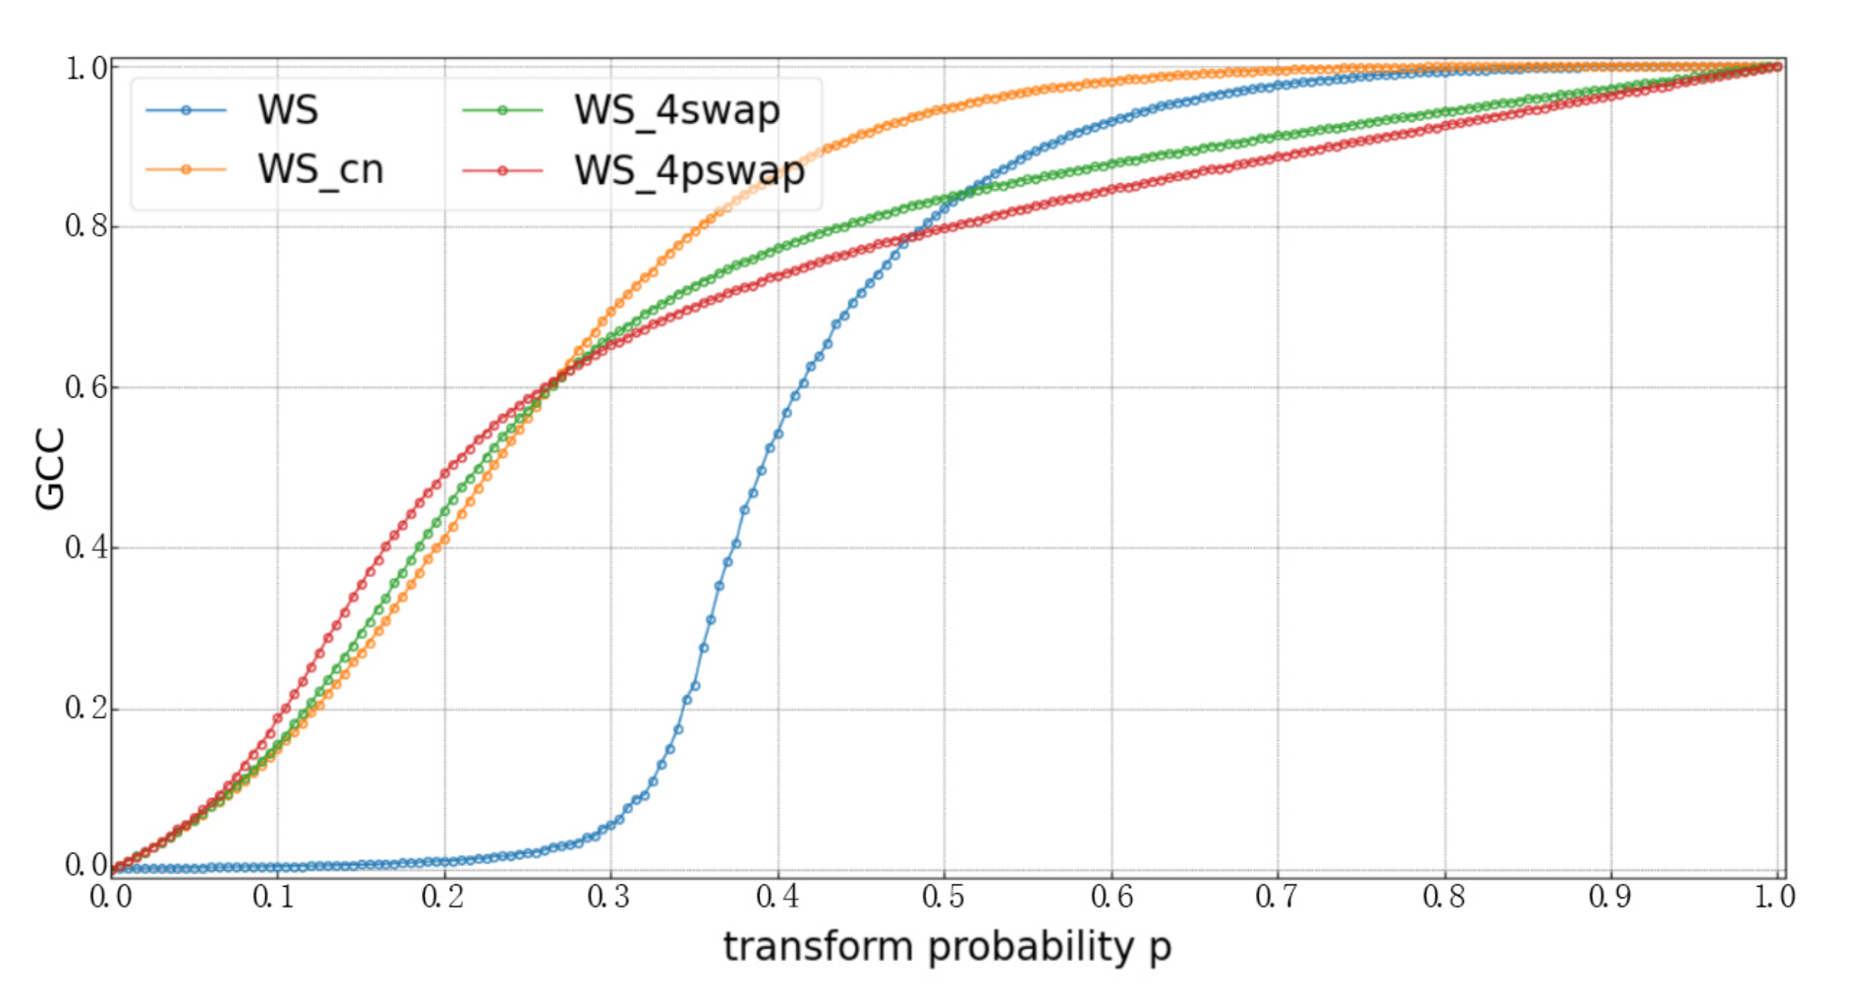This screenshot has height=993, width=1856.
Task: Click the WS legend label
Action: (x=287, y=110)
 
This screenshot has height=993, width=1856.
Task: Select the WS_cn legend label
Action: (x=320, y=170)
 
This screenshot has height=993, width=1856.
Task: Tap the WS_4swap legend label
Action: (x=677, y=110)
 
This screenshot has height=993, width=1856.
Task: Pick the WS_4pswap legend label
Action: (x=689, y=171)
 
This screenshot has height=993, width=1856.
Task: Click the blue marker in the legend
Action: (x=186, y=111)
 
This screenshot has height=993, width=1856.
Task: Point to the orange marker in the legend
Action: (x=186, y=170)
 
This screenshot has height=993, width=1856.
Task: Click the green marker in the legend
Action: (x=502, y=111)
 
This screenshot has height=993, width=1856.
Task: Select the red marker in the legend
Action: (x=502, y=171)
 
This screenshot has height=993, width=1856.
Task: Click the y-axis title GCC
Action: (x=50, y=469)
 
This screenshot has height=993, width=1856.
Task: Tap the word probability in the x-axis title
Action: (x=1030, y=947)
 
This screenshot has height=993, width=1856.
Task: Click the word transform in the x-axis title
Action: (x=818, y=947)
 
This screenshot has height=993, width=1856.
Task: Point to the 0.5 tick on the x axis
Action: (x=944, y=897)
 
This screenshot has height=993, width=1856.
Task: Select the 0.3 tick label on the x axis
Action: (x=609, y=897)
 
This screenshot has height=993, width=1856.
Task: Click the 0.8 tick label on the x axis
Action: (x=1444, y=897)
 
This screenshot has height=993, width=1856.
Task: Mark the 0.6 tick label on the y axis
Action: (x=87, y=387)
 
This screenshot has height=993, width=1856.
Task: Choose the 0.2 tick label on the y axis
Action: (x=87, y=708)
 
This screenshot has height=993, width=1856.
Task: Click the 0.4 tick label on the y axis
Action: (x=87, y=547)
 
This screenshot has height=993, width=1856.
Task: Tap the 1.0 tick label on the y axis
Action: (x=87, y=68)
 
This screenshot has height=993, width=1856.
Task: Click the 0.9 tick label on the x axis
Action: (x=1611, y=897)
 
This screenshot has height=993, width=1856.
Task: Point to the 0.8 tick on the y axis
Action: (x=87, y=226)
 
